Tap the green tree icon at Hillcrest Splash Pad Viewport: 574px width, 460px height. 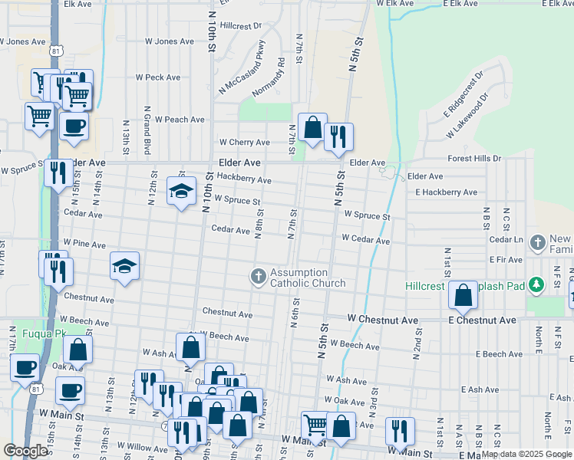[537, 285]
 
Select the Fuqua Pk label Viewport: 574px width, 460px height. [22, 333]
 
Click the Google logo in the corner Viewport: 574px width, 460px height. [26, 451]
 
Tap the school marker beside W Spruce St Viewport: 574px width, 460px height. [181, 191]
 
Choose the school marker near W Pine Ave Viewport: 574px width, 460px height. [124, 265]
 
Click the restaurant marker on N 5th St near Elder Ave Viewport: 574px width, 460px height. [338, 136]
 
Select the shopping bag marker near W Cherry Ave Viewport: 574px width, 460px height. [312, 127]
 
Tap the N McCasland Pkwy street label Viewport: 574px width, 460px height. [244, 64]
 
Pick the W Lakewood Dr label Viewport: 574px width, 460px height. [468, 117]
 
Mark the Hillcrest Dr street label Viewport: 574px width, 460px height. [240, 25]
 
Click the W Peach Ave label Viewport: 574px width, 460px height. [180, 120]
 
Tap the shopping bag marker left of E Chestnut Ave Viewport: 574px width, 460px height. [463, 295]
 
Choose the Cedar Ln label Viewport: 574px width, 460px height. [505, 240]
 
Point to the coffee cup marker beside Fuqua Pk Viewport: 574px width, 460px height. [25, 366]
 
